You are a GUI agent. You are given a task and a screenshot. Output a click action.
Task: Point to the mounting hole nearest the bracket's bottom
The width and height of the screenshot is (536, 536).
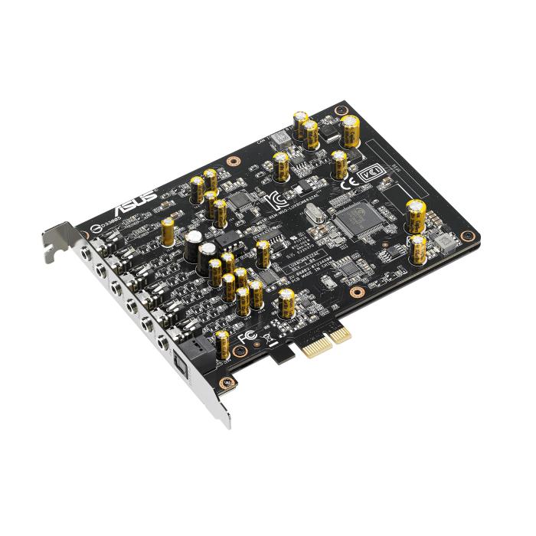pyautogui.click(x=224, y=381)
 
